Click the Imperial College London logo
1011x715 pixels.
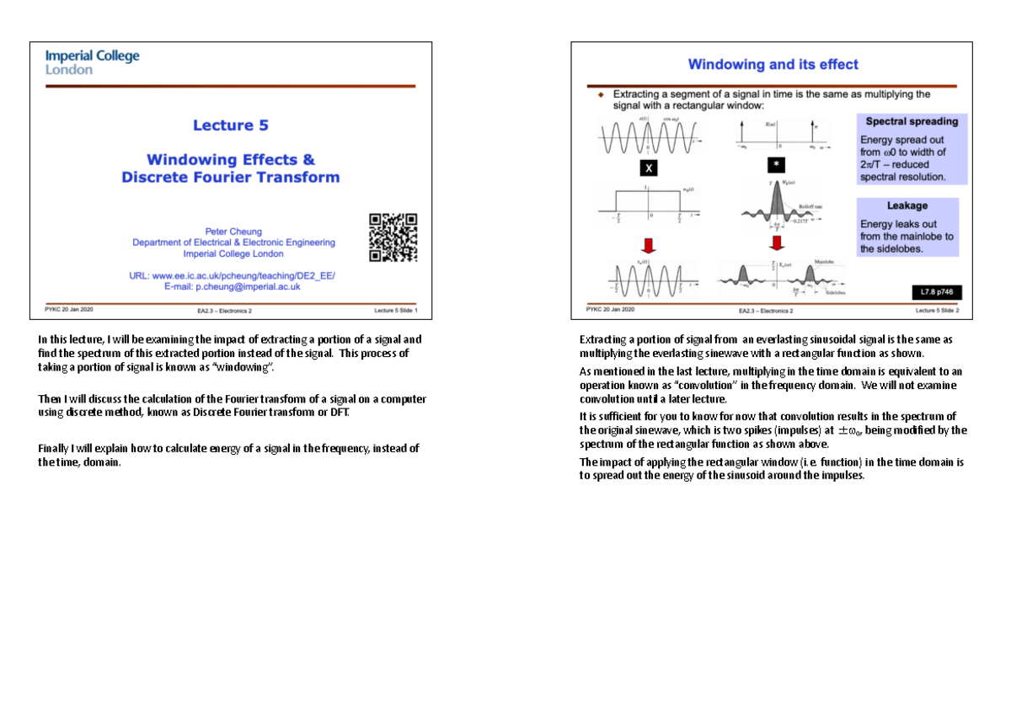92,62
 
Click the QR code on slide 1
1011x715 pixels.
393,237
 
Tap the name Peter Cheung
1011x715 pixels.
233,231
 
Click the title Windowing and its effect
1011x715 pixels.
773,65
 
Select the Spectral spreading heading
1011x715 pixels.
912,121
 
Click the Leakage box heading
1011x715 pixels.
907,205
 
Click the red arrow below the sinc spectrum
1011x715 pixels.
775,243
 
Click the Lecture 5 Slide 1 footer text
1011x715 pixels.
397,311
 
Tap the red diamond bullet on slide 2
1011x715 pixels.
601,94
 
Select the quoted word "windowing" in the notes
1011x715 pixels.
246,368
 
